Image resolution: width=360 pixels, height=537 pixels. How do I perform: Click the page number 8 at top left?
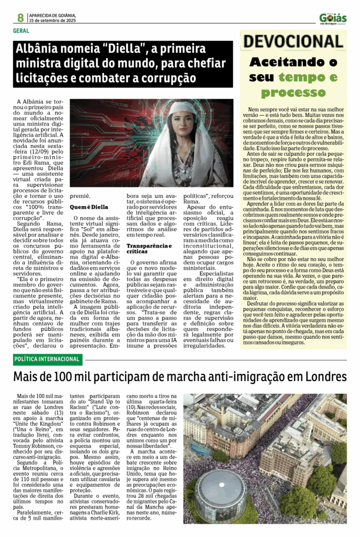tap(20, 17)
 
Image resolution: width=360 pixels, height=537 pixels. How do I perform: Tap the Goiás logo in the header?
tap(333, 18)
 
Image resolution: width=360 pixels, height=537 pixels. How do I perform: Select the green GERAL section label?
tap(21, 30)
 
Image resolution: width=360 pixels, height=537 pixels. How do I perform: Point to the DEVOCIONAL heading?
tap(292, 41)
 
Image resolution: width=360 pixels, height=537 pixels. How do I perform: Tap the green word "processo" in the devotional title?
tap(293, 93)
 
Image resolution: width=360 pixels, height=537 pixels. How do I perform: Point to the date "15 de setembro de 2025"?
tap(52, 20)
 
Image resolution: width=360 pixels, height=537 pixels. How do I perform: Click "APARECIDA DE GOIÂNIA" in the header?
tap(53, 15)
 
